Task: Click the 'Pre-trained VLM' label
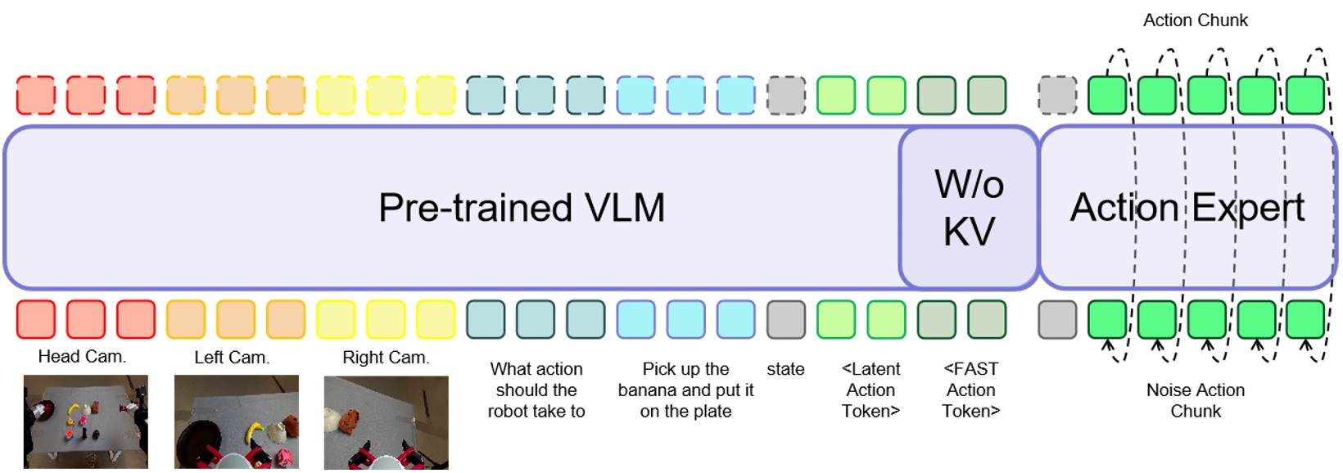click(522, 208)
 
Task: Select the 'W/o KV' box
click(969, 208)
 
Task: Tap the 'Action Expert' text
click(1187, 208)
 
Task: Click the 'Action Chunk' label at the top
click(1195, 20)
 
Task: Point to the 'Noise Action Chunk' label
click(1195, 400)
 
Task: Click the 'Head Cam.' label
click(82, 357)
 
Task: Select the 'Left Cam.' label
click(232, 358)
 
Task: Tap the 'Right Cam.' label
click(386, 358)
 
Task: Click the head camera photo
click(86, 421)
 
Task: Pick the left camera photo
click(236, 421)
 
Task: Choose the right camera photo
click(386, 421)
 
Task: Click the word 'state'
click(785, 369)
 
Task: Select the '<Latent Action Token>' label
click(870, 390)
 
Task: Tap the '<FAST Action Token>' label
click(970, 390)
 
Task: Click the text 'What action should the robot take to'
click(536, 390)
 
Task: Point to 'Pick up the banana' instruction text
click(685, 390)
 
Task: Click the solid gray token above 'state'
click(785, 319)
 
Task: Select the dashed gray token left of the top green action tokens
click(1057, 95)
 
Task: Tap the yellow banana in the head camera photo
click(73, 408)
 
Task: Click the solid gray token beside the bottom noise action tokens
click(1057, 319)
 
